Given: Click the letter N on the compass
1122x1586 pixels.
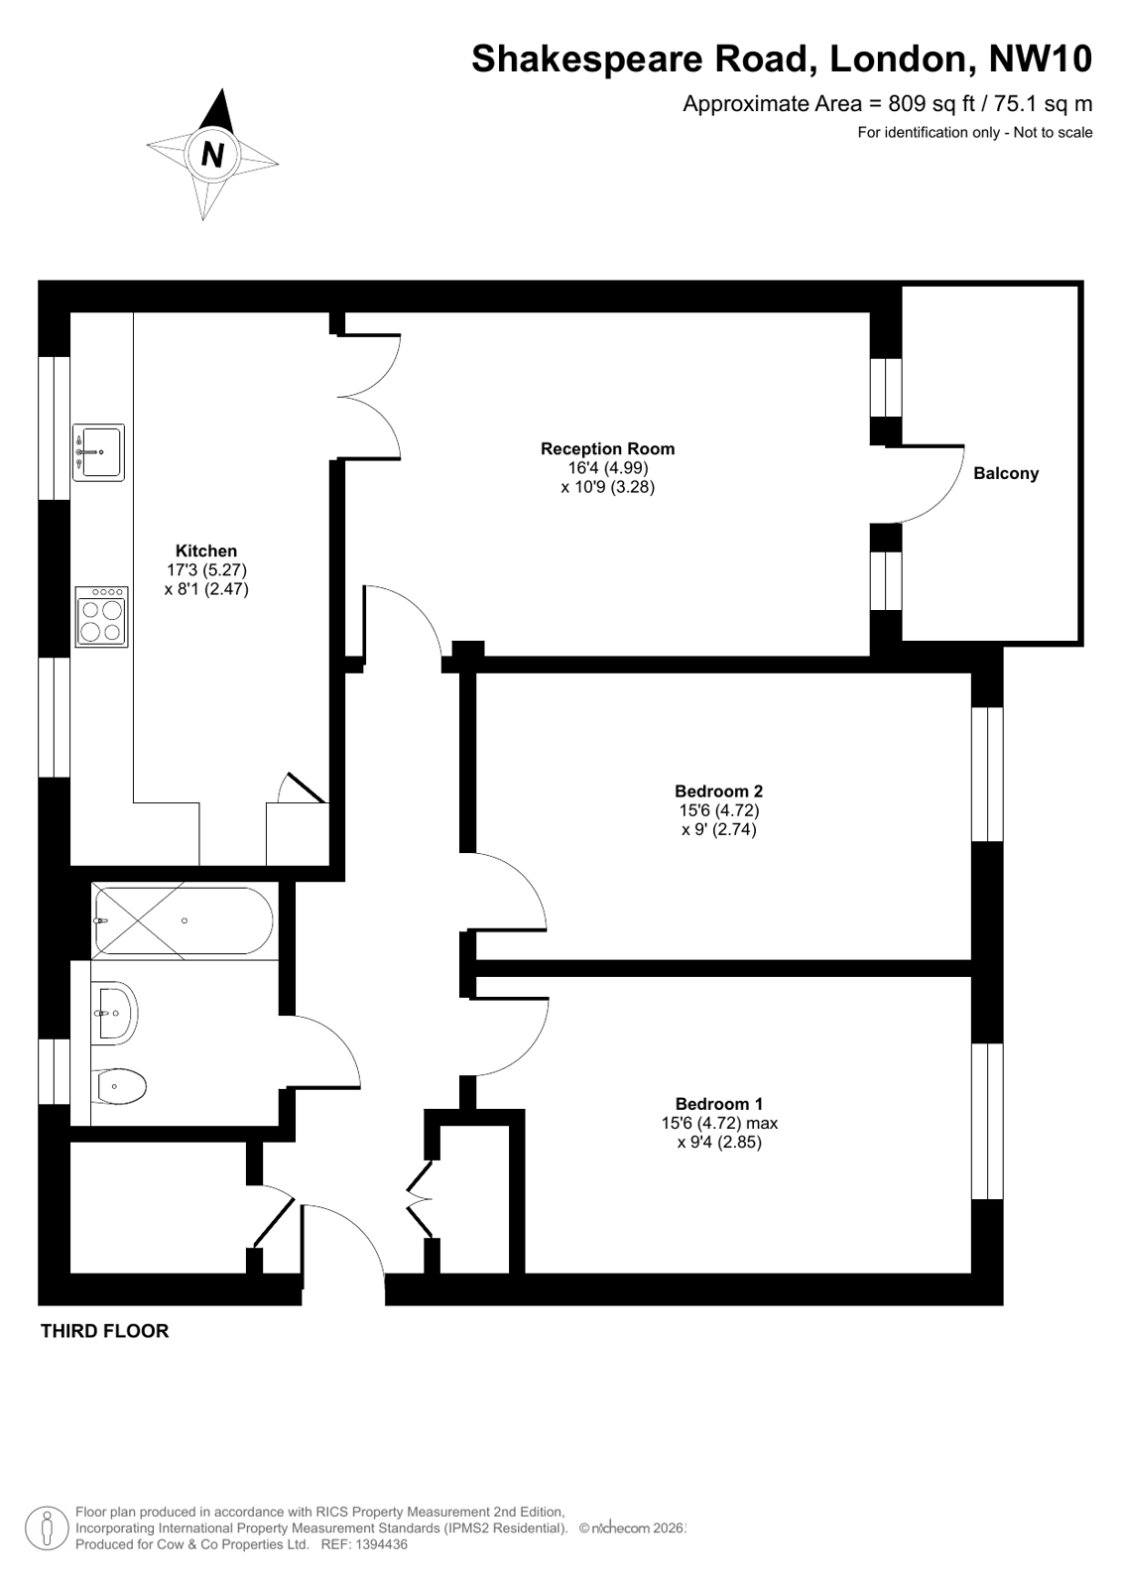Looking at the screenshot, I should tap(211, 155).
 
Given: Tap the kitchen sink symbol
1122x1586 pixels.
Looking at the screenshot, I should tap(98, 453).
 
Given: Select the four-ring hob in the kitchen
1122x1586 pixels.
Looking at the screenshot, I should tap(102, 616).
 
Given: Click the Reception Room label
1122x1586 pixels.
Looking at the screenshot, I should tap(607, 449).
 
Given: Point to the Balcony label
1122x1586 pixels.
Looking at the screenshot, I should tap(1006, 474).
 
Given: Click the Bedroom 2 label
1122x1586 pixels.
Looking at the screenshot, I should tap(718, 792).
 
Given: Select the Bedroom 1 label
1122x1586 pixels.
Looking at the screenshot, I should tap(718, 1104).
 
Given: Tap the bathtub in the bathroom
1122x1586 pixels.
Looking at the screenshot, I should tap(183, 920).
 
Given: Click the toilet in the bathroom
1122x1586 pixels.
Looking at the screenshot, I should tap(121, 1086).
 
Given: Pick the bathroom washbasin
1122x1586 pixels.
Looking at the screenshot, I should tap(115, 1013).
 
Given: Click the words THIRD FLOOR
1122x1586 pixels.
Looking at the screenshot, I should tap(104, 1331).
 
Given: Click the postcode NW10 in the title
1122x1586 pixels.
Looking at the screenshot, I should tap(1041, 60).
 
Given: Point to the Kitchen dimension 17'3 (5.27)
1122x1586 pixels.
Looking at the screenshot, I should tap(206, 570).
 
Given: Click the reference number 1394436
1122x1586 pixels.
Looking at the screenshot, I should tap(374, 1544).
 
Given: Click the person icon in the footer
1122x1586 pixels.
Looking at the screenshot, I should tap(46, 1527).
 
